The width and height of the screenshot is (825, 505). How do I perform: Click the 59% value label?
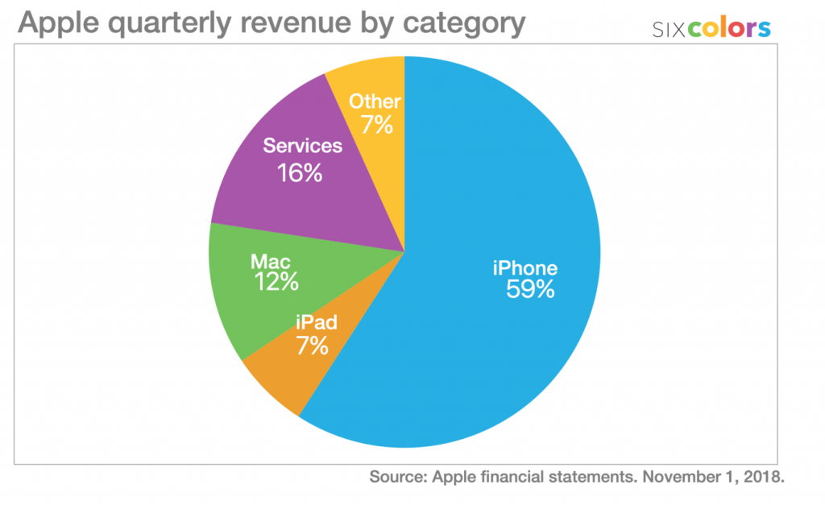[x=530, y=290]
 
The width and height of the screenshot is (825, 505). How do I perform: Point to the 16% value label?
[x=299, y=172]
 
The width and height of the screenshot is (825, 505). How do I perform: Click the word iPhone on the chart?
[x=525, y=268]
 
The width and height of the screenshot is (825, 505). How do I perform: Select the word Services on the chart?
[x=303, y=147]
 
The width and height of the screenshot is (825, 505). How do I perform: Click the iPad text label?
[x=317, y=324]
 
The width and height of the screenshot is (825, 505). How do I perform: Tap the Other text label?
[x=375, y=101]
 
